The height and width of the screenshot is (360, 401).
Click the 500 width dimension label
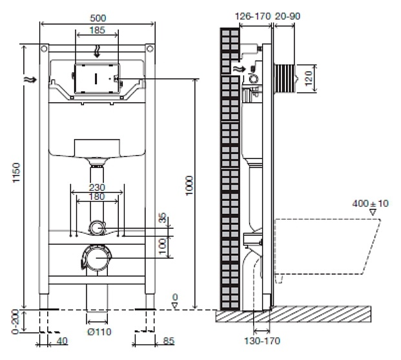point(98,18)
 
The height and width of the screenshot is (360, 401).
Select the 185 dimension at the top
point(97,30)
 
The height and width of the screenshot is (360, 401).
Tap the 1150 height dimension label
point(16,173)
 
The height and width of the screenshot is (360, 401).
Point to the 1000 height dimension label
point(189,185)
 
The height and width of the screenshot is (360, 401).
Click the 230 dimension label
point(97,187)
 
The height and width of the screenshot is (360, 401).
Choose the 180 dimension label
point(97,196)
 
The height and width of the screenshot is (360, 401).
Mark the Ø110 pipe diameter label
point(99,332)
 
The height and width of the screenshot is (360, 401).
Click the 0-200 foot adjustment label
point(15,322)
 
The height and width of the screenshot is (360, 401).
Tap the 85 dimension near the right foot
point(169,341)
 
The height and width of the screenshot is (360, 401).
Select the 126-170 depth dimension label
point(252,16)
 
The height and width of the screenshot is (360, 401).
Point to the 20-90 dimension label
point(287,16)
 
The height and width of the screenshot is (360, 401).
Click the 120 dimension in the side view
point(309,78)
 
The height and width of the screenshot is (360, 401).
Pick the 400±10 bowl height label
point(370,204)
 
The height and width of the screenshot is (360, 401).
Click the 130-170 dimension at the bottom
point(262,341)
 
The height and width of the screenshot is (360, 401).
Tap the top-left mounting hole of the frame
point(45,48)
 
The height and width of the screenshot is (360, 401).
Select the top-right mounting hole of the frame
point(150,48)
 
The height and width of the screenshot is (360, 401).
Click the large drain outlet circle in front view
point(97,258)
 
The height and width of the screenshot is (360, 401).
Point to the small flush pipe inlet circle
point(97,228)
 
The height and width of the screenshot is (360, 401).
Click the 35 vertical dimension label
point(162,218)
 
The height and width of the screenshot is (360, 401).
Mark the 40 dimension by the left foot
point(62,341)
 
